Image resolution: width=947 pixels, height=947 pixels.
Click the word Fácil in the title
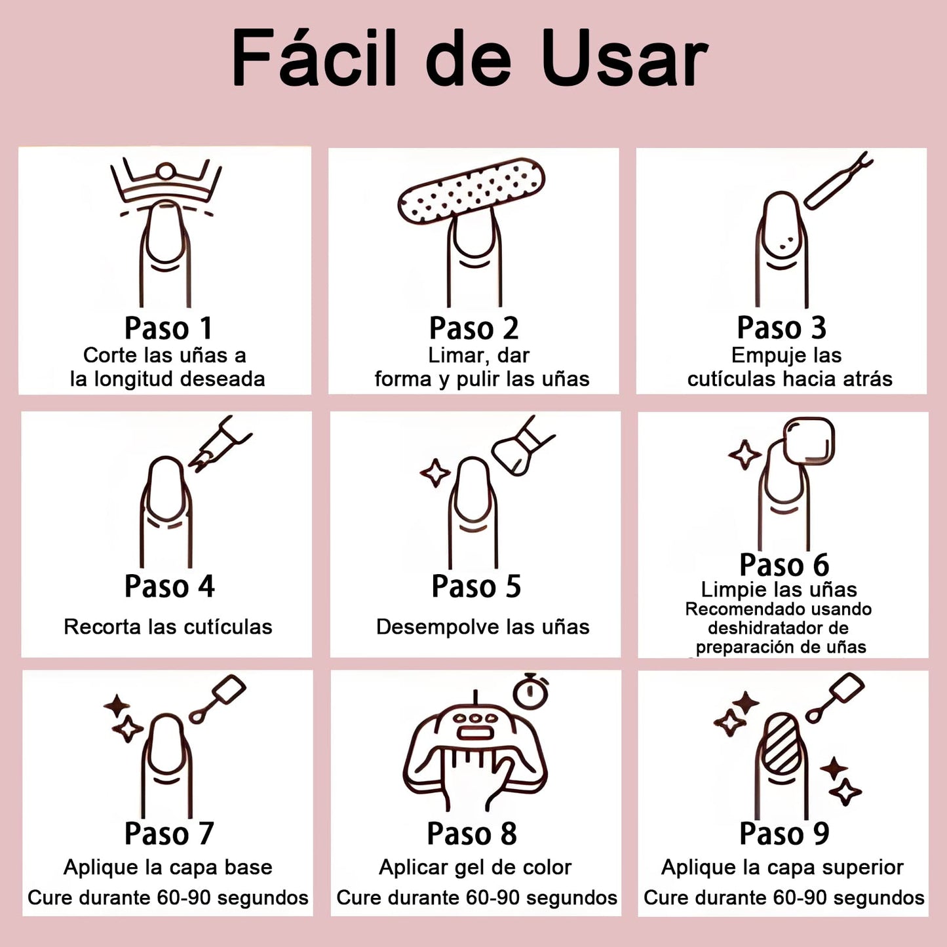(x=314, y=58)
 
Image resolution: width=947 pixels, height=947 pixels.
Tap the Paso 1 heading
(x=168, y=328)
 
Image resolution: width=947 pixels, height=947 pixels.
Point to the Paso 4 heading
(x=169, y=586)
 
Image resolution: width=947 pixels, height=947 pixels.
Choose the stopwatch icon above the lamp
(x=530, y=691)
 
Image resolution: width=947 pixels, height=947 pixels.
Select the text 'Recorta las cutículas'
(x=168, y=627)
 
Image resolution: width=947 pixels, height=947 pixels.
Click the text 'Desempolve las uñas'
(x=482, y=627)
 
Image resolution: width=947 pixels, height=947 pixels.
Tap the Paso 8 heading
(x=472, y=834)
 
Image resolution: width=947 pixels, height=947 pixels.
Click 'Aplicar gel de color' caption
(x=474, y=868)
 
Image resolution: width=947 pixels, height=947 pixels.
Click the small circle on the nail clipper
(x=166, y=172)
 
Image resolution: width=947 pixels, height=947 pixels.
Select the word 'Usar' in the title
(x=624, y=58)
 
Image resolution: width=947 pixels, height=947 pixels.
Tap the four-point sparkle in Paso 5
(x=435, y=473)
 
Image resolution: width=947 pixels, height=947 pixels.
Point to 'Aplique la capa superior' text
(x=783, y=868)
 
